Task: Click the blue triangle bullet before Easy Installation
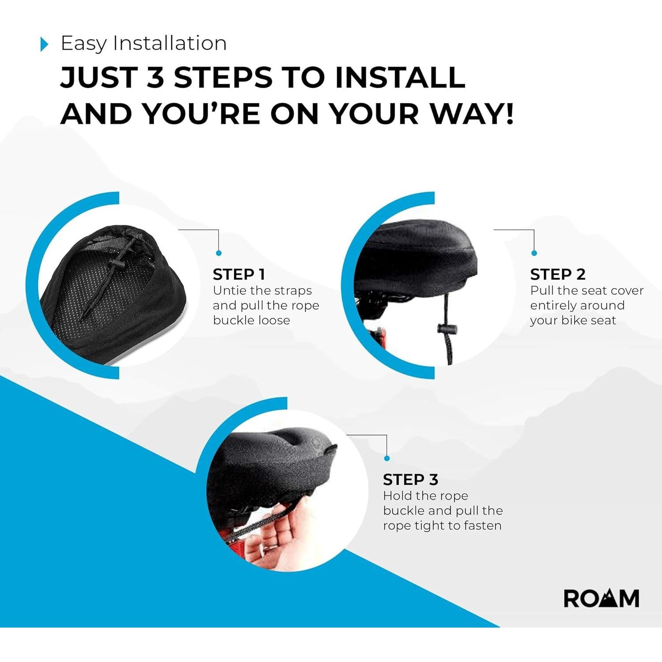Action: click(44, 44)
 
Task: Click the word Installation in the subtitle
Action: click(169, 43)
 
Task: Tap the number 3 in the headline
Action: click(155, 77)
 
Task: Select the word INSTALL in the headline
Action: click(400, 77)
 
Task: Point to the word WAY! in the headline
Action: click(472, 114)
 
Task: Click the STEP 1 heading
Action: click(239, 275)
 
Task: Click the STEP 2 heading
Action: click(557, 275)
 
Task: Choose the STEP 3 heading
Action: click(410, 480)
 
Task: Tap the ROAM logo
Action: click(601, 599)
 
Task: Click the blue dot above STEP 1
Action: click(219, 253)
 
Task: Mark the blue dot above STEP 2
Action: click(534, 253)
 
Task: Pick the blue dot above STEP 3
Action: click(387, 458)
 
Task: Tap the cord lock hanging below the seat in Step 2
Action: click(447, 329)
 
